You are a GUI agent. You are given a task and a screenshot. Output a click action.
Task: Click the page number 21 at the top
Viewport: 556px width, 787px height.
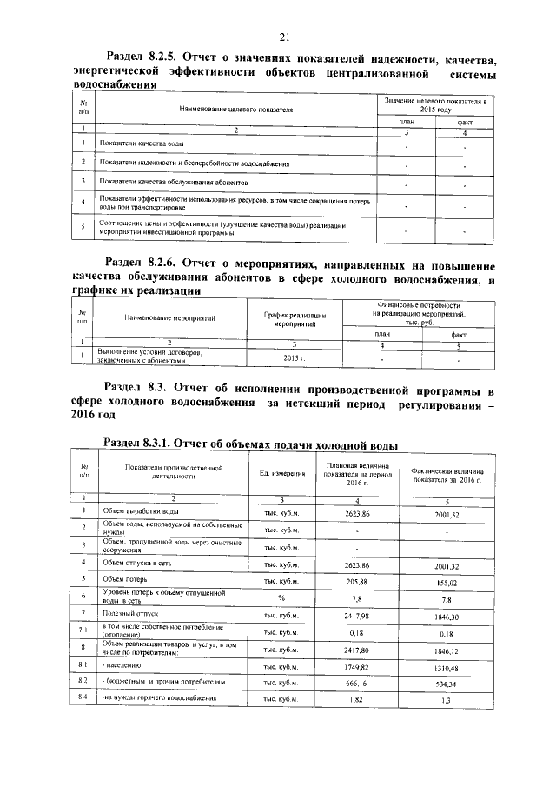click(x=283, y=37)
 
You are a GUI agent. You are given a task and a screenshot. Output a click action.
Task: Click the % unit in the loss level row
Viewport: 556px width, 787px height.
click(x=281, y=597)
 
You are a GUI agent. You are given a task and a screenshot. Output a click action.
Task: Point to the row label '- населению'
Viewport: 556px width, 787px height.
click(x=124, y=666)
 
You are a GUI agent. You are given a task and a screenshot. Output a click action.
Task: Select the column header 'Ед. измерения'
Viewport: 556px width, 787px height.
click(x=282, y=473)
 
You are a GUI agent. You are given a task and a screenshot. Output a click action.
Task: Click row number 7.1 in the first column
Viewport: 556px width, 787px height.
click(x=84, y=630)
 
